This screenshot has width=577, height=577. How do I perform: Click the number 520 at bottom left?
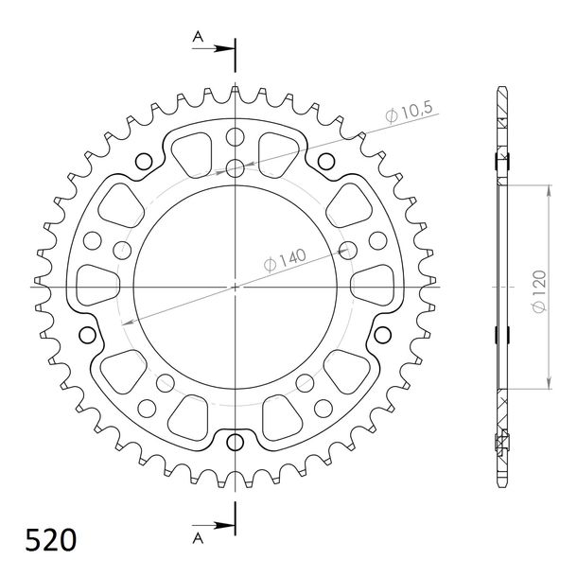tap(51, 540)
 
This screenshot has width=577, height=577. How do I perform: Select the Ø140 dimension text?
tap(285, 260)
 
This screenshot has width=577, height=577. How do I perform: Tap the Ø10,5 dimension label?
tap(410, 111)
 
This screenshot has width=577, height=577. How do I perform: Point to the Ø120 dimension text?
tap(539, 291)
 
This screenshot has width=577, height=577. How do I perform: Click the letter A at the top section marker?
tap(198, 37)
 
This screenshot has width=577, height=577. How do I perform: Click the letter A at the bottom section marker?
tap(198, 538)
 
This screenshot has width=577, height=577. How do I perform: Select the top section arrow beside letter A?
tap(214, 48)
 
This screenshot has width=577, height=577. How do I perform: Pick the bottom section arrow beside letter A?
tap(214, 525)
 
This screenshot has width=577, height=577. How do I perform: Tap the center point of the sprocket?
tap(236, 287)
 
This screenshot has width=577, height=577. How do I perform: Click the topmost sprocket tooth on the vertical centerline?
tap(236, 91)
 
